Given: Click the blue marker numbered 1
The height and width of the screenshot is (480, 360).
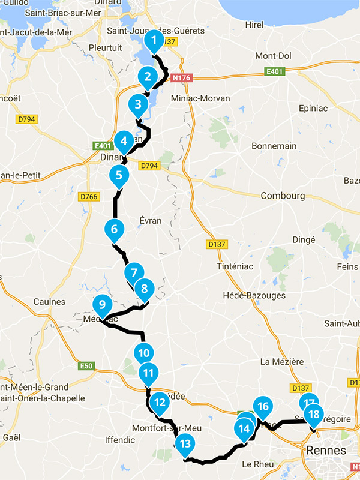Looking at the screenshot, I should [154, 41].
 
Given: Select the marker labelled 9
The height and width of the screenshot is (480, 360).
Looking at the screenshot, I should [101, 304].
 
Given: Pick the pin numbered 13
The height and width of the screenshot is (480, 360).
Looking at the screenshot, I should [185, 445].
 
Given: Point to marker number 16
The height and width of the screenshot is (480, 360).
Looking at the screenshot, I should [262, 407].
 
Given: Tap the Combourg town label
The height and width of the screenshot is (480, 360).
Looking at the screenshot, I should [283, 196].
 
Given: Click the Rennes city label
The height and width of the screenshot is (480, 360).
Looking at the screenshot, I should [326, 450].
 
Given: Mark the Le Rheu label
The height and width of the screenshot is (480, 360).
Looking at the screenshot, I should [258, 464].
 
